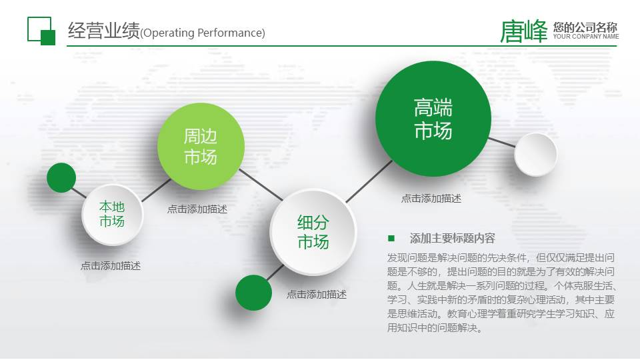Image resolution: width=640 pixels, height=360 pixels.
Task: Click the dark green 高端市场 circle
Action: pyautogui.click(x=433, y=119)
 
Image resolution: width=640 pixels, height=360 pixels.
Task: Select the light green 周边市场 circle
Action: pyautogui.click(x=201, y=147)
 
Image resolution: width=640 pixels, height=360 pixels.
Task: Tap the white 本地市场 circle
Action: pyautogui.click(x=112, y=215)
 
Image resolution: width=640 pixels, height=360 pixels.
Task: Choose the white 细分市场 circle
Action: pyautogui.click(x=313, y=232)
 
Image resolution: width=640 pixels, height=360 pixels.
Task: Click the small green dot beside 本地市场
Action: pyautogui.click(x=61, y=177)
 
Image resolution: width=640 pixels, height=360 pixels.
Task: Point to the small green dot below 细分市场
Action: pyautogui.click(x=253, y=293)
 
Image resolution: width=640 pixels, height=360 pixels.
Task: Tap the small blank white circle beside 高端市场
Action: pyautogui.click(x=535, y=154)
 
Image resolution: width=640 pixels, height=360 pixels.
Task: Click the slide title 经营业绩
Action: pyautogui.click(x=104, y=30)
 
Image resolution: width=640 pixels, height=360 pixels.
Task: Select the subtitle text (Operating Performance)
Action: pyautogui.click(x=203, y=33)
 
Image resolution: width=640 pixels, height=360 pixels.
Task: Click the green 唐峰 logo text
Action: pyautogui.click(x=524, y=31)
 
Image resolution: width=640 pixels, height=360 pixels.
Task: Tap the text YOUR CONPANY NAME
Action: pyautogui.click(x=586, y=36)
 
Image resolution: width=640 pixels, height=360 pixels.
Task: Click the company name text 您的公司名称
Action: pyautogui.click(x=585, y=27)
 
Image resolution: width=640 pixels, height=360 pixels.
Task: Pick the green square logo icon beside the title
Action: pyautogui.click(x=41, y=31)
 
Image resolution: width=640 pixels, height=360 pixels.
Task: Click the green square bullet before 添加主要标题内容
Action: pyautogui.click(x=391, y=238)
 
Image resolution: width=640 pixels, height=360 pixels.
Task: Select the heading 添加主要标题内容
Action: pyautogui.click(x=452, y=238)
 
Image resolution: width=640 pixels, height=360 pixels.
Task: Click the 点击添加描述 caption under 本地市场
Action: pyautogui.click(x=111, y=266)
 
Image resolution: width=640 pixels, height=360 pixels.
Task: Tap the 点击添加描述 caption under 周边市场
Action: pyautogui.click(x=197, y=209)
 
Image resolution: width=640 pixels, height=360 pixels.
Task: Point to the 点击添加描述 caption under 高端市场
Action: pyautogui.click(x=431, y=199)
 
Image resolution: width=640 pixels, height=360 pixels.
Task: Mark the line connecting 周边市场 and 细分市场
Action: pyautogui.click(x=261, y=185)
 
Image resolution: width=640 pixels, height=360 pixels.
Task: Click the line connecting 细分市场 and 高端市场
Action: pyautogui.click(x=369, y=181)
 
